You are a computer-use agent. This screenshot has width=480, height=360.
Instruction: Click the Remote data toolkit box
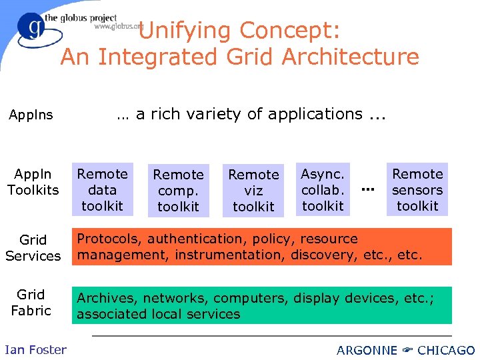coord(102,189)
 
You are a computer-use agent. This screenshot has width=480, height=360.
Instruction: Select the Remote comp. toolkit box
coord(178,190)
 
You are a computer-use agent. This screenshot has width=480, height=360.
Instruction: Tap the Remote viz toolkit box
coord(253,190)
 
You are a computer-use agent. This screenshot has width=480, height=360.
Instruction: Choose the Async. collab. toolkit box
coord(323,189)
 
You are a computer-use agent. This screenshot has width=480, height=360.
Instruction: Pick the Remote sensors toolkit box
coord(417,189)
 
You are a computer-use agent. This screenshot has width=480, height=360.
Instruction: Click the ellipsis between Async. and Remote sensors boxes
coord(367,190)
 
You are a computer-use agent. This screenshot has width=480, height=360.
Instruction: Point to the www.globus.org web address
coord(118,27)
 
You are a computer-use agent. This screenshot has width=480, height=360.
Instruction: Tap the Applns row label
coord(31,115)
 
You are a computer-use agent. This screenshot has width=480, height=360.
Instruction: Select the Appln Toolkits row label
coord(33,182)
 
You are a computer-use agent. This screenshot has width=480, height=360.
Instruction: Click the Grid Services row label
coord(33,247)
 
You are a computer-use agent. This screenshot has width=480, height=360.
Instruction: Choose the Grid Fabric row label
coord(31,302)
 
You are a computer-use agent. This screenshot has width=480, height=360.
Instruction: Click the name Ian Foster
coord(35,349)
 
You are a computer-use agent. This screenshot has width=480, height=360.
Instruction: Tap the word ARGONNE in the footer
coord(367,350)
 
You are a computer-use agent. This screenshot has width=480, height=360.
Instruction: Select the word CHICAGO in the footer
coord(446,350)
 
